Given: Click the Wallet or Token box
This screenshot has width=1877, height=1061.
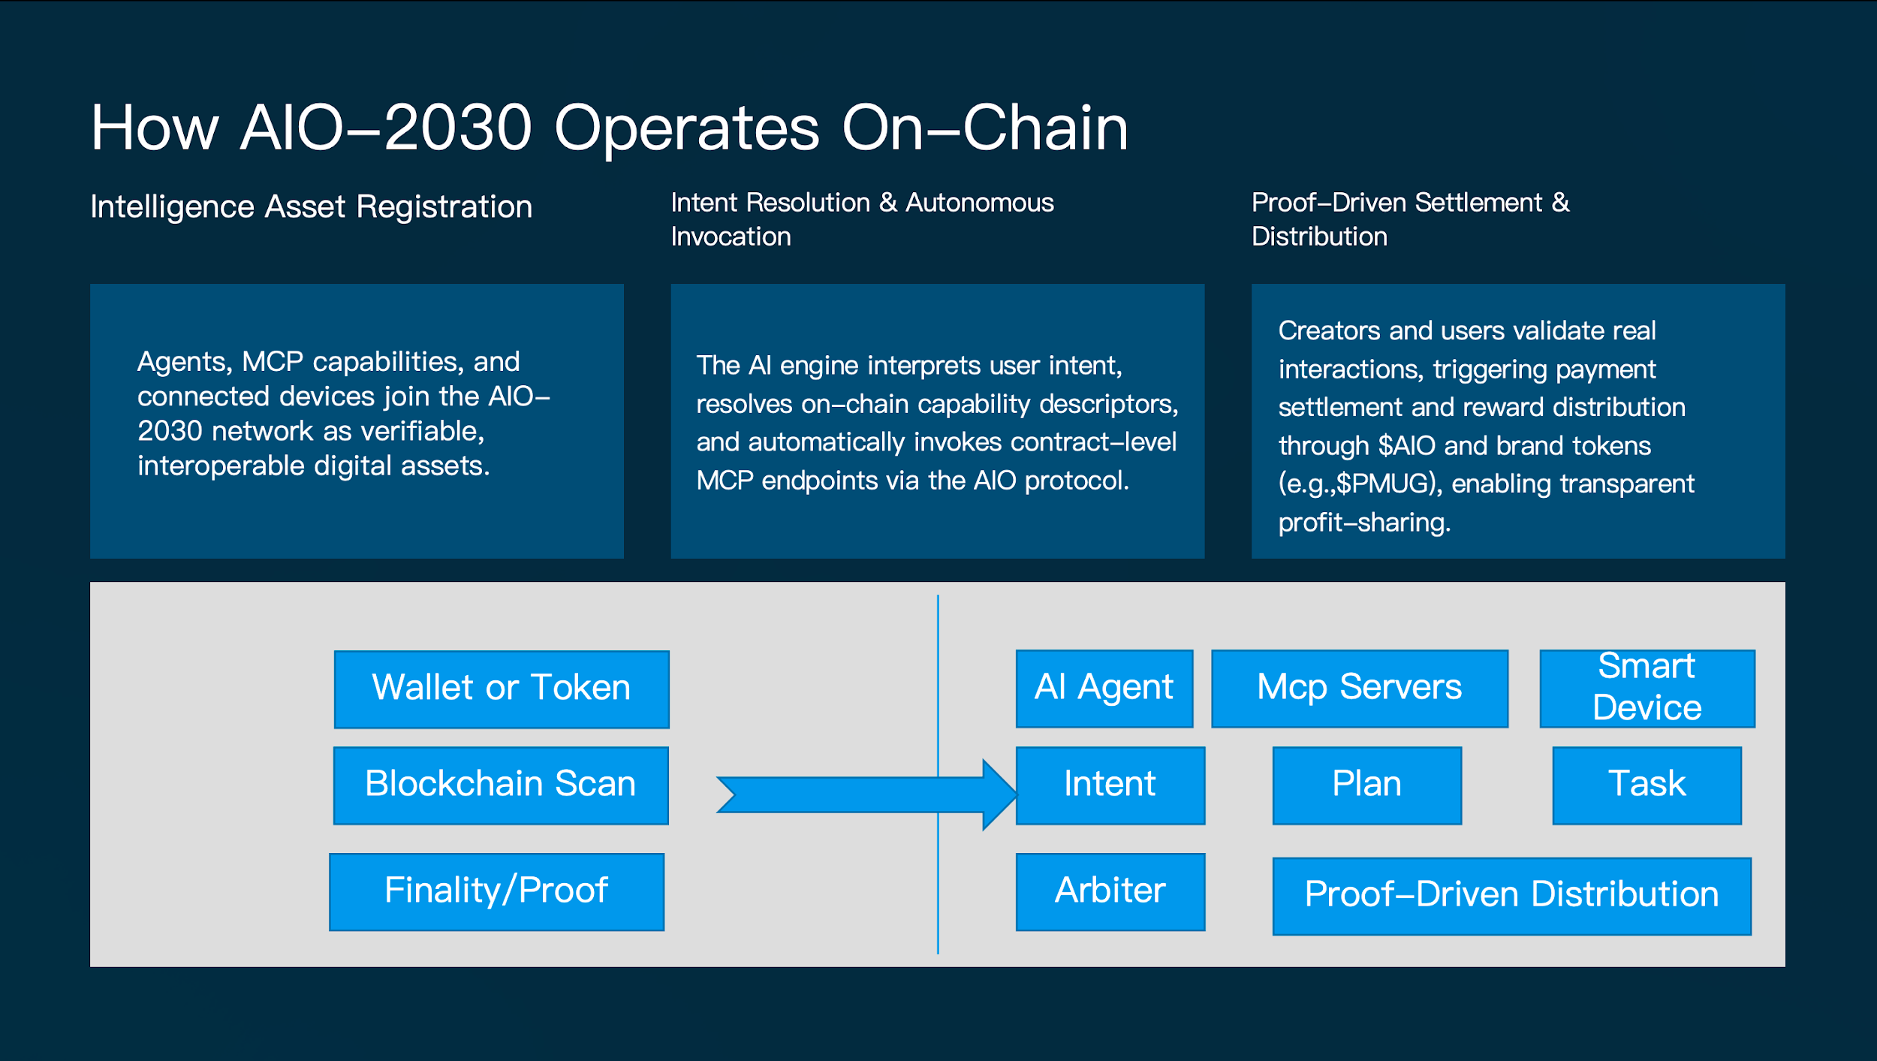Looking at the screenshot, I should (x=502, y=689).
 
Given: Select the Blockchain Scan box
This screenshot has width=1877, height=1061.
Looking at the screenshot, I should (x=501, y=785).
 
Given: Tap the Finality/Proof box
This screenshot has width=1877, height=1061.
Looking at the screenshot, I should (x=496, y=891).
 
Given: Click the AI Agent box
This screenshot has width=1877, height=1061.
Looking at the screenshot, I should (x=1104, y=688).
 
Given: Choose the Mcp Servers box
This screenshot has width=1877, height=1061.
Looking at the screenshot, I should (x=1359, y=688).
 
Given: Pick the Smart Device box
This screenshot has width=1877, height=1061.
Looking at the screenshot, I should (x=1647, y=688).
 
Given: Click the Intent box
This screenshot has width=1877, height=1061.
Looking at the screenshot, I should (x=1110, y=785).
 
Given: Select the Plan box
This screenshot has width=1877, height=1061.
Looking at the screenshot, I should (x=1366, y=785).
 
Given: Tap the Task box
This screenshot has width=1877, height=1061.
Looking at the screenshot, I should (x=1647, y=785).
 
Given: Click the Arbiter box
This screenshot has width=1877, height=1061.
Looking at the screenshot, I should (x=1110, y=891).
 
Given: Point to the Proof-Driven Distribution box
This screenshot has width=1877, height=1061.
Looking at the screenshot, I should (x=1511, y=895).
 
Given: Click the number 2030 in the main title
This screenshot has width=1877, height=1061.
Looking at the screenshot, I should (x=458, y=128).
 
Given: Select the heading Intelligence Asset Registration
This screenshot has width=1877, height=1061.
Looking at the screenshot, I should (x=311, y=206).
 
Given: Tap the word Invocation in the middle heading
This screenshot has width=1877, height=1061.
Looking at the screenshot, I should (x=731, y=237).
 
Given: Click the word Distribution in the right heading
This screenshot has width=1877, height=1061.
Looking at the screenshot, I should (x=1319, y=237).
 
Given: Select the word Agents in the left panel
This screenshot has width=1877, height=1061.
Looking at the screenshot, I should (x=185, y=362).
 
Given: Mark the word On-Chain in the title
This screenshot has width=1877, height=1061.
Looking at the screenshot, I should (x=984, y=128).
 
